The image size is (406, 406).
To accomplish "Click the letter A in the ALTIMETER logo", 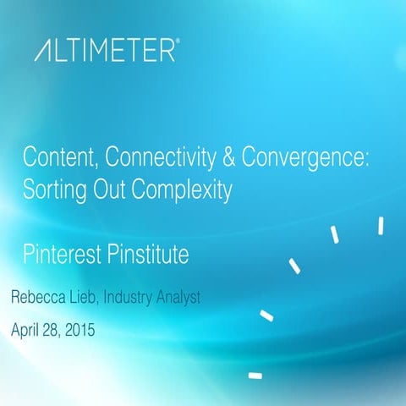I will pos(44,52).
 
